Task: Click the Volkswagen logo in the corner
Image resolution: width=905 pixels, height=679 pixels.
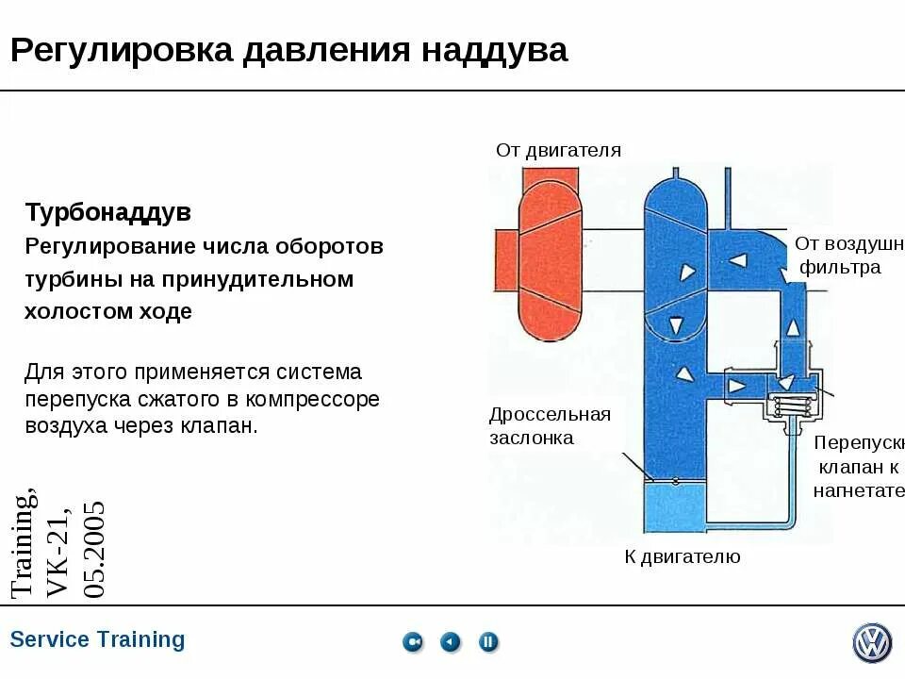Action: [871, 642]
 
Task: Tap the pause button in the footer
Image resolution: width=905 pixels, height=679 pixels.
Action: [487, 642]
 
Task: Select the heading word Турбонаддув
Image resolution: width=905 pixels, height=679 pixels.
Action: [107, 212]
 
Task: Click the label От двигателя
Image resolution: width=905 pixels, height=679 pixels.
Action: [558, 150]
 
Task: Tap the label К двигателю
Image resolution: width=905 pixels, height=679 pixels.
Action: [682, 556]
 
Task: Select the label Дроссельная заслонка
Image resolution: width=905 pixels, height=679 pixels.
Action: [550, 425]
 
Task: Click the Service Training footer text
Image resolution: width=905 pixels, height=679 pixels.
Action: [97, 639]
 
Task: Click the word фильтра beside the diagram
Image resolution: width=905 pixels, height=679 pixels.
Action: [841, 267]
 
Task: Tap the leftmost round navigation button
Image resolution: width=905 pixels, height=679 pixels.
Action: [413, 642]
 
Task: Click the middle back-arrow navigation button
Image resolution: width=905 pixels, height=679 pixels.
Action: [451, 642]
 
